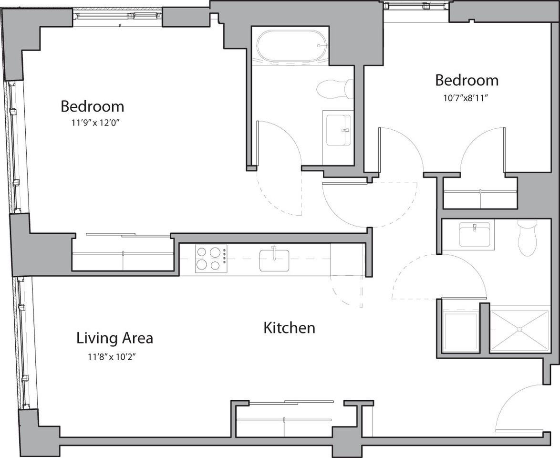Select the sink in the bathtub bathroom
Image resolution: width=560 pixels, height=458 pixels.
pos(338,129)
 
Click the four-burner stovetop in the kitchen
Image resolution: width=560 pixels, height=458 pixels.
pos(211,258)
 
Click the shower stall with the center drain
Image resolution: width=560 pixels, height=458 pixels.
pos(519,330)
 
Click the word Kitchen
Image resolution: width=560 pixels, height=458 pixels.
pos(289,328)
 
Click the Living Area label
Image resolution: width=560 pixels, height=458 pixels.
pos(114,338)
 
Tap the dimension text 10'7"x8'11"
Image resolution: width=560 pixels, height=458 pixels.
pos(467,97)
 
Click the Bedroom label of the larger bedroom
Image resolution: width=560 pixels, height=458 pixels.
pos(92,106)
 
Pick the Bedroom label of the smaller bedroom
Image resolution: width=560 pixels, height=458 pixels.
pos(467,80)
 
